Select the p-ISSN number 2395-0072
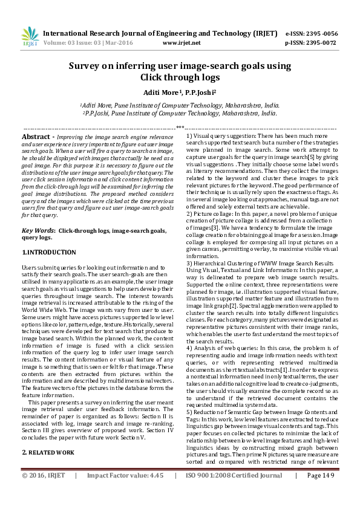point(322,44)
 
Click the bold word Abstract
point(35,137)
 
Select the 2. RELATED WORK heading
point(48,435)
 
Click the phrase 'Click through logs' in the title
point(180,77)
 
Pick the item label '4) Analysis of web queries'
point(221,348)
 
